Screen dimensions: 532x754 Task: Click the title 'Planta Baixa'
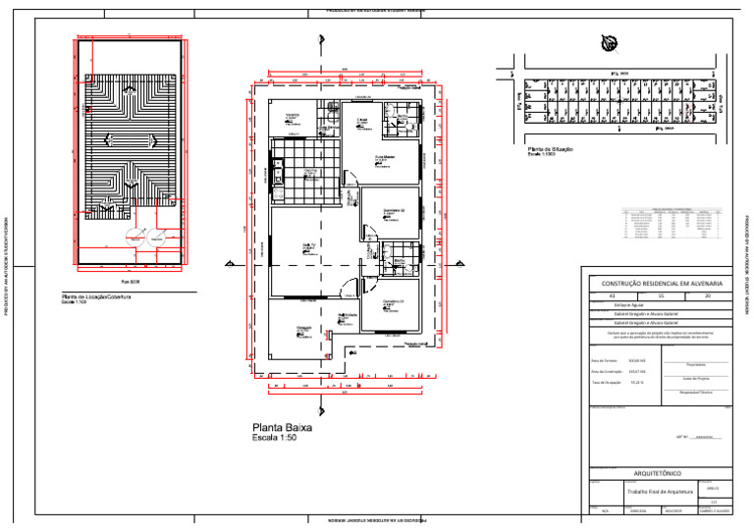[283, 428]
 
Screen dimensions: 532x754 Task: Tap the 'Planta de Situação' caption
[550, 149]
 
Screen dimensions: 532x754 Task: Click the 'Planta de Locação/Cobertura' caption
[96, 295]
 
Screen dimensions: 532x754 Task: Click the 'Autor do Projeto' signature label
[696, 378]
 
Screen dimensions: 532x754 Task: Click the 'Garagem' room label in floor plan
[304, 328]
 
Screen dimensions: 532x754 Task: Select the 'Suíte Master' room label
[385, 156]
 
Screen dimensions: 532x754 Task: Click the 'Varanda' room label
[293, 116]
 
